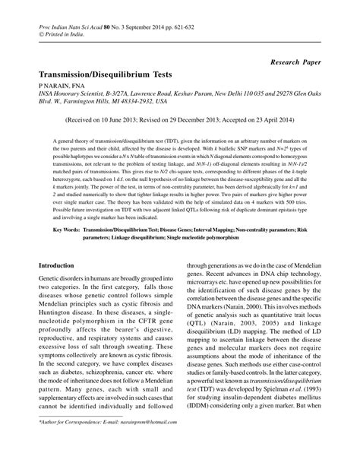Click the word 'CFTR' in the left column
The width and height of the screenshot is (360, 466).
tap(132, 325)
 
